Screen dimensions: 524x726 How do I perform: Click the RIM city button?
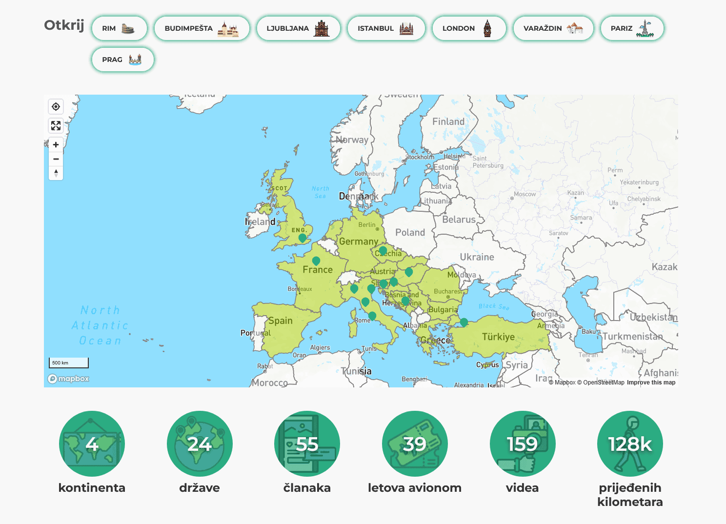click(x=119, y=28)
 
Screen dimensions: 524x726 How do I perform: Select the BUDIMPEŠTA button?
click(x=202, y=28)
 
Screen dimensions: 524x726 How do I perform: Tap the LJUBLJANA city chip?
click(x=298, y=28)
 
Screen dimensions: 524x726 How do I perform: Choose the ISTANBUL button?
click(x=386, y=28)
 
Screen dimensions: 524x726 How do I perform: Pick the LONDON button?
click(x=469, y=28)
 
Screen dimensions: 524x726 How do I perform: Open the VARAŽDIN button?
click(x=553, y=28)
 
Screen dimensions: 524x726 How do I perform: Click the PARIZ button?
click(x=632, y=28)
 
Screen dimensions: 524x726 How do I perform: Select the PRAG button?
click(x=122, y=60)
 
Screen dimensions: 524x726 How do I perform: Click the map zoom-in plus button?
click(x=56, y=144)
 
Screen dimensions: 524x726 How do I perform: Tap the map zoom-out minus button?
click(x=56, y=159)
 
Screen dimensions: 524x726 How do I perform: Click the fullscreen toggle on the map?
click(x=56, y=126)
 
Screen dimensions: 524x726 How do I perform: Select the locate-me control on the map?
click(x=56, y=107)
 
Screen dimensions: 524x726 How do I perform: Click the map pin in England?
click(x=302, y=238)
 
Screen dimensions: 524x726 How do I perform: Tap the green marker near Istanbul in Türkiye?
click(x=464, y=322)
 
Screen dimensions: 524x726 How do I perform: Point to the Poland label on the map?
click(x=410, y=233)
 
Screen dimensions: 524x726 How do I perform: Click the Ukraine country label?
click(x=477, y=257)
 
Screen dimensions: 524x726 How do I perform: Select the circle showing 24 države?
click(x=200, y=443)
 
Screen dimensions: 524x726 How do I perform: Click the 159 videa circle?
click(x=523, y=443)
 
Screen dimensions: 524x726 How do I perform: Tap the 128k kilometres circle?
click(x=630, y=443)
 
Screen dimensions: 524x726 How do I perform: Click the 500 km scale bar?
click(x=69, y=363)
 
